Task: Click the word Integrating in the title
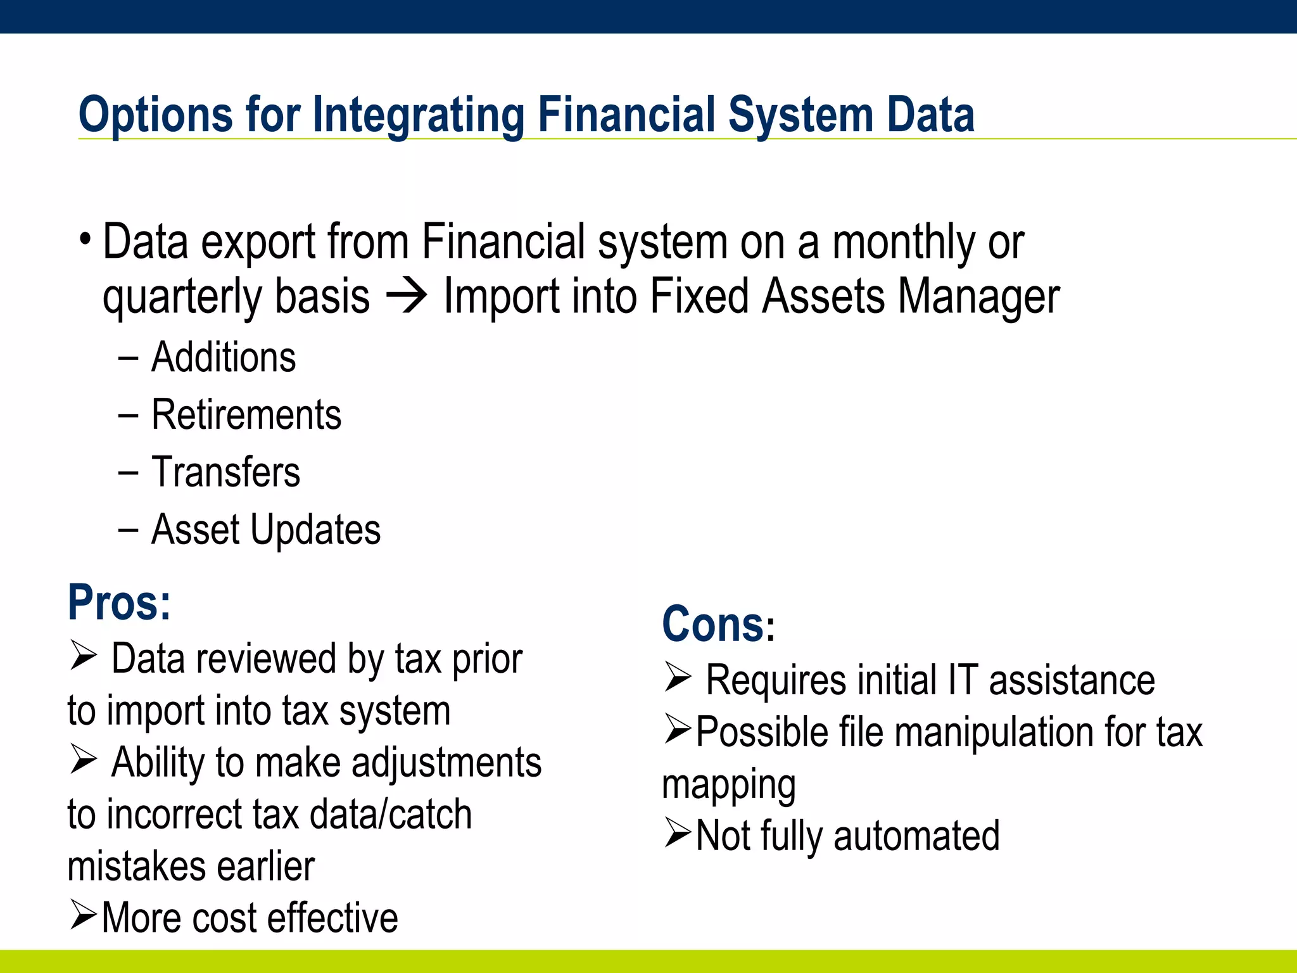(x=418, y=115)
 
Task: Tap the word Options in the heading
(x=155, y=115)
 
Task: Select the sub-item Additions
(x=224, y=357)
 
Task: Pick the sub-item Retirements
(x=246, y=415)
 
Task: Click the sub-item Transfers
(x=225, y=473)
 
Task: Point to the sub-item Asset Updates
(x=266, y=530)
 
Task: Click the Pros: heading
(x=119, y=602)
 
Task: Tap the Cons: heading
(x=718, y=625)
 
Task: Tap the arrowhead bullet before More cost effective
(x=83, y=915)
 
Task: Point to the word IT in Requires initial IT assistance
(x=963, y=680)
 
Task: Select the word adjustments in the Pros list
(x=446, y=762)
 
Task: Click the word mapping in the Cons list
(x=728, y=785)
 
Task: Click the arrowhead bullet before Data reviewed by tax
(x=83, y=655)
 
